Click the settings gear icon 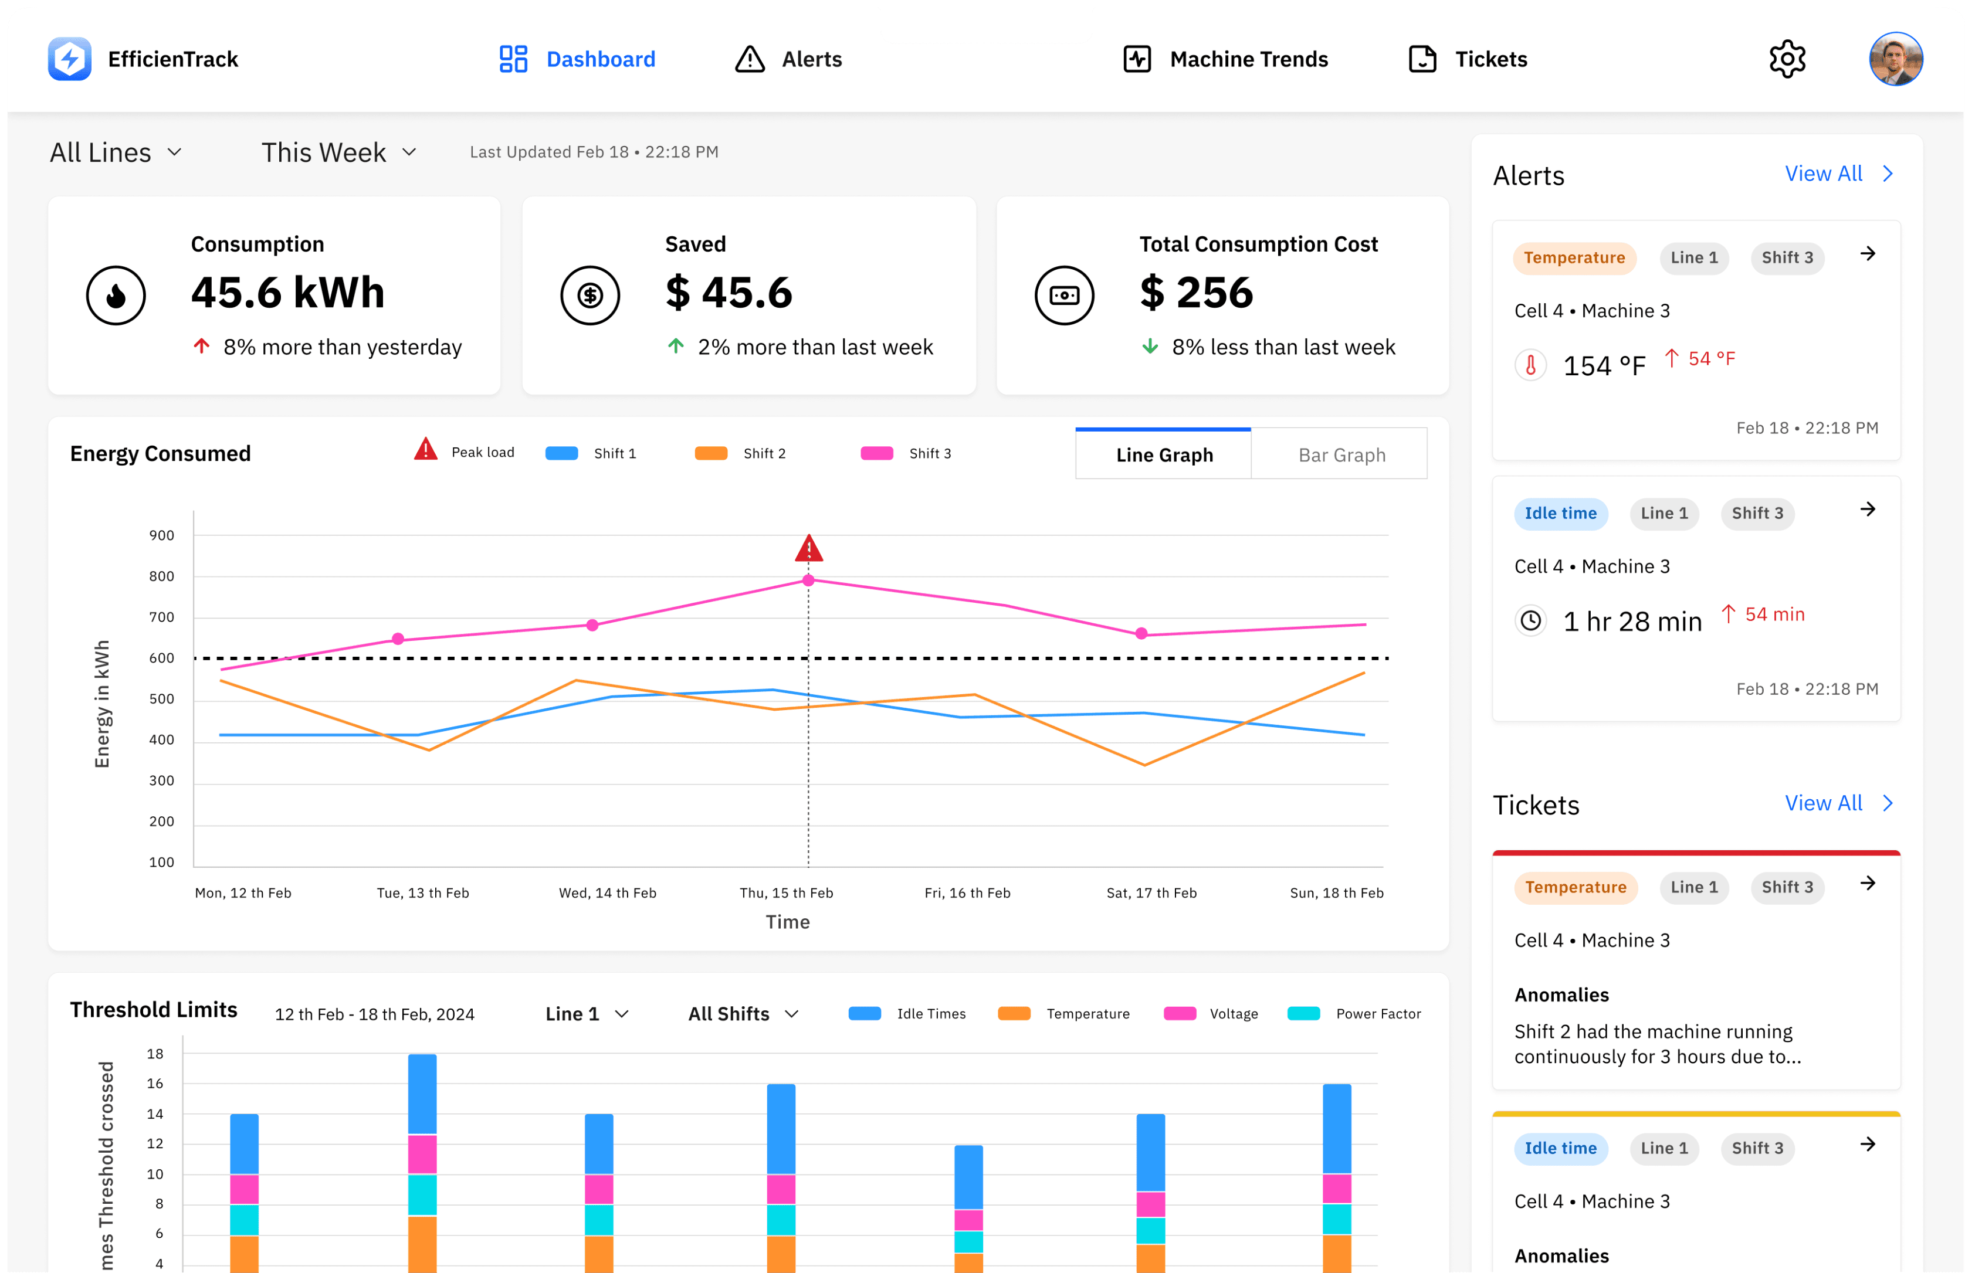(1787, 59)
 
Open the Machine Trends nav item (1225, 59)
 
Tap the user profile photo (1896, 59)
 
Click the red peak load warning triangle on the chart (808, 548)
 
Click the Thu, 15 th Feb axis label (786, 892)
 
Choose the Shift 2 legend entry (741, 453)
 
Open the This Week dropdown (338, 152)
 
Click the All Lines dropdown (116, 152)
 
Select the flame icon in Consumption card (116, 296)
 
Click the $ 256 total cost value (1197, 293)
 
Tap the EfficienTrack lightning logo (69, 59)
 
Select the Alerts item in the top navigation (788, 59)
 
